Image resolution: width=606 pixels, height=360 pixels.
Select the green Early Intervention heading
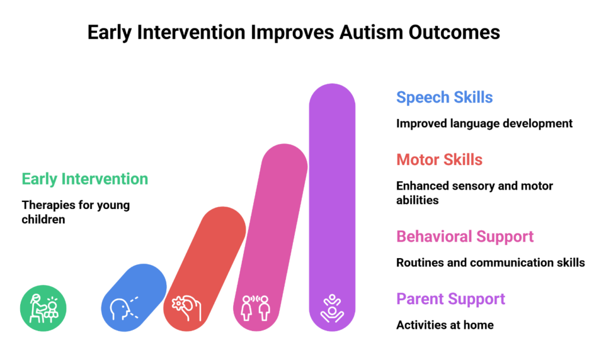pos(85,179)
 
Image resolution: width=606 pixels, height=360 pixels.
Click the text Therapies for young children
pos(75,212)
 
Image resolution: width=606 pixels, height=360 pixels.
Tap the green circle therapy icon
pos(43,308)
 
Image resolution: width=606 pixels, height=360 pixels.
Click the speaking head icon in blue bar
pos(124,308)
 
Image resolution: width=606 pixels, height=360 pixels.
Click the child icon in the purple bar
pos(332,308)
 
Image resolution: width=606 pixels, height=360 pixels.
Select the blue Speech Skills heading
pos(444,98)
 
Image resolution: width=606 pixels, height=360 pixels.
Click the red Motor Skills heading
pos(439,160)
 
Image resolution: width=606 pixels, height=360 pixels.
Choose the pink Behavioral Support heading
pos(465,237)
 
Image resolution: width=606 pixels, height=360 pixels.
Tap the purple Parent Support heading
pos(450,299)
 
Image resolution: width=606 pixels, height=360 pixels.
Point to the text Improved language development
pos(484,124)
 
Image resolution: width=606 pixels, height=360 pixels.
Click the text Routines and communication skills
pos(490,263)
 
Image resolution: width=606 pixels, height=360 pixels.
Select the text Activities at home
pos(444,325)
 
